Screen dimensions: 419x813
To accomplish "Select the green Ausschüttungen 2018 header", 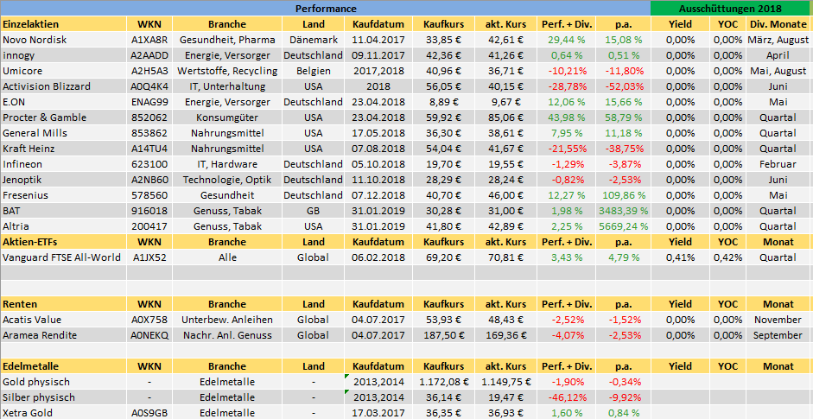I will click(x=731, y=8).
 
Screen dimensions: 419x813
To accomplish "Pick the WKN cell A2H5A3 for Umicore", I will click(x=149, y=71).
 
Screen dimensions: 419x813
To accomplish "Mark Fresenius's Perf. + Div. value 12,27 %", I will click(x=567, y=194).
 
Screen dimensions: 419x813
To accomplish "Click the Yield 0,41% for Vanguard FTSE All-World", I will click(x=680, y=257).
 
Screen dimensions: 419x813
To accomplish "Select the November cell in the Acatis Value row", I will click(x=778, y=320).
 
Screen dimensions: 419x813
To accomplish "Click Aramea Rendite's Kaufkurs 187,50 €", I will click(x=447, y=335).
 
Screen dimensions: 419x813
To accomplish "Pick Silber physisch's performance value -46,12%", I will click(x=567, y=397).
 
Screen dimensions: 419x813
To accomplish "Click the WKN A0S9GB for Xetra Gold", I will click(x=149, y=413).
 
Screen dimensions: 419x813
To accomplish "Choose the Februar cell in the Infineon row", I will click(x=778, y=164).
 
